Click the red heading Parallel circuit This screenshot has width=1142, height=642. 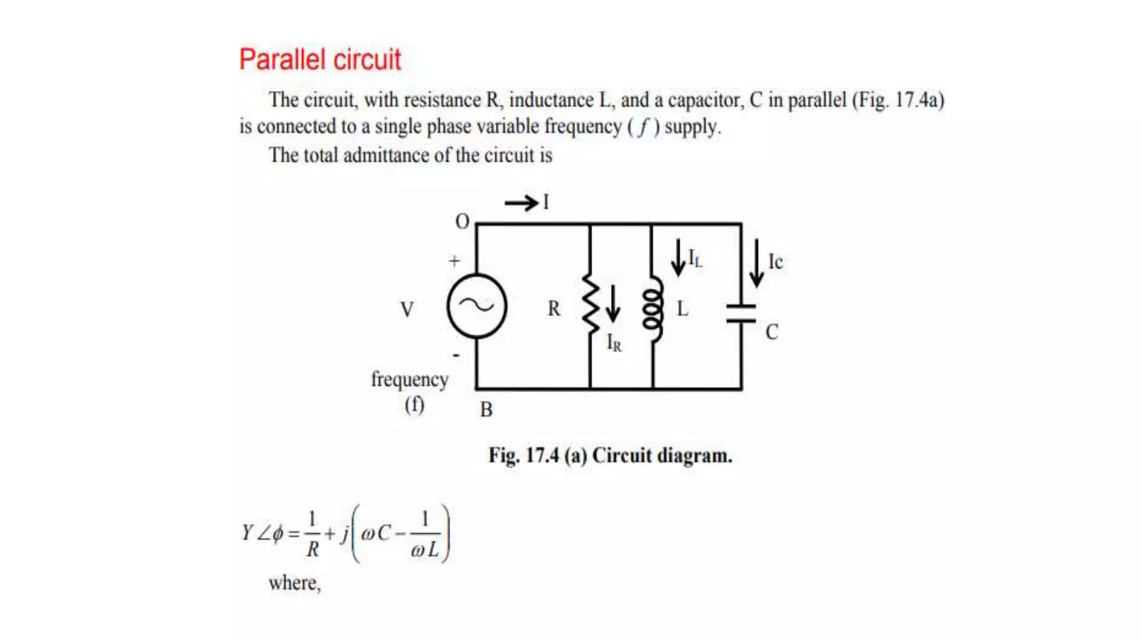click(320, 60)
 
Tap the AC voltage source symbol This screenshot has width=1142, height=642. click(477, 306)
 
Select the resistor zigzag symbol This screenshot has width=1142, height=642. click(591, 304)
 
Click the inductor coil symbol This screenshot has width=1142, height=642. click(653, 308)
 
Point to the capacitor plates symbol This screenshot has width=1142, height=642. click(741, 314)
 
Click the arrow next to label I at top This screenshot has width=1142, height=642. click(521, 203)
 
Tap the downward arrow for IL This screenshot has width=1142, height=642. click(678, 257)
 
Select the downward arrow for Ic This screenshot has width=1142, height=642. click(757, 262)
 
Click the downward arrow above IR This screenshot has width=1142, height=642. click(613, 304)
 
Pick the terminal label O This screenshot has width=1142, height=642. click(462, 222)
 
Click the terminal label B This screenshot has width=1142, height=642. click(486, 410)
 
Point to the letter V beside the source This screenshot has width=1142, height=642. click(407, 309)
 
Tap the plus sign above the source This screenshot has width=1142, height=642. click(454, 261)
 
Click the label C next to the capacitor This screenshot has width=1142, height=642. click(772, 333)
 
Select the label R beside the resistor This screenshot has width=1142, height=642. click(554, 309)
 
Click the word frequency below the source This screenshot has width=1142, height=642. click(410, 380)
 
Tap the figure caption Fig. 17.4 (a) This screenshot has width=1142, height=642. click(610, 455)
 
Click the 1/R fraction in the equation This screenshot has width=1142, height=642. click(312, 534)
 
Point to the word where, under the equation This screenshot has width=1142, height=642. click(294, 583)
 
